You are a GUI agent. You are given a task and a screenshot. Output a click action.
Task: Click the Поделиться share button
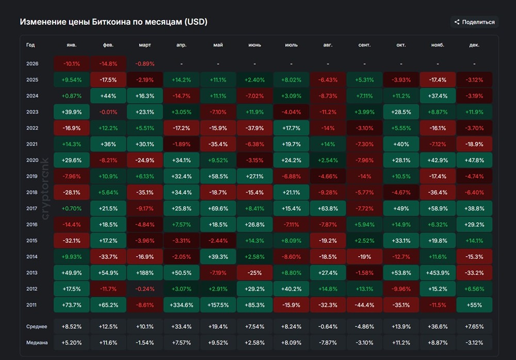click(x=474, y=22)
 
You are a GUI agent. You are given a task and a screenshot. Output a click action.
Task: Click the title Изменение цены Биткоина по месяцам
click(x=114, y=22)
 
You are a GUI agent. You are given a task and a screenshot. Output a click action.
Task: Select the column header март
click(x=145, y=45)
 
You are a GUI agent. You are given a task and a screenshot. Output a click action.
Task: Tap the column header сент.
click(x=364, y=45)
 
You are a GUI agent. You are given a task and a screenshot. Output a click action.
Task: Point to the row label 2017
click(x=32, y=208)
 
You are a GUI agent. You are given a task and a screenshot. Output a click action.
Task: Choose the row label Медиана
click(x=37, y=342)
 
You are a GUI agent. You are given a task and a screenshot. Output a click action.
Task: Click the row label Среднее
click(x=37, y=326)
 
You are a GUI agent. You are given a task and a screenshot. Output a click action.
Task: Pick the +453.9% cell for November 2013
click(x=438, y=273)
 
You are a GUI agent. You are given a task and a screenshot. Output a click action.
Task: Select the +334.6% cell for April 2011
click(x=181, y=305)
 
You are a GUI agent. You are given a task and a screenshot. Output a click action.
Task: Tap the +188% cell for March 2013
click(x=145, y=273)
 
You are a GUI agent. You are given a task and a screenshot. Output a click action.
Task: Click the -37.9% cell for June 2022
click(x=254, y=128)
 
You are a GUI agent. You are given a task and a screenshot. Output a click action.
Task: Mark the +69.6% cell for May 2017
click(x=218, y=208)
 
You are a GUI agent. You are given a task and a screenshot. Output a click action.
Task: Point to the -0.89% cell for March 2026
click(x=145, y=64)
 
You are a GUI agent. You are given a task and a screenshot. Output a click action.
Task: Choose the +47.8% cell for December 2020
click(x=474, y=160)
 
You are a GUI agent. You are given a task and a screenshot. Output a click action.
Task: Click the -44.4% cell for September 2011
click(x=364, y=305)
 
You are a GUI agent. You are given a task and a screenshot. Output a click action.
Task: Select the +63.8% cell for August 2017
click(x=328, y=208)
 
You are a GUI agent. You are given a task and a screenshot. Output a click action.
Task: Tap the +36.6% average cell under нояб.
click(x=438, y=326)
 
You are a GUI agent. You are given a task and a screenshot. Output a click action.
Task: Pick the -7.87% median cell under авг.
click(x=328, y=342)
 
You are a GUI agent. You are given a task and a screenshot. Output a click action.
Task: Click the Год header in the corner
click(x=30, y=45)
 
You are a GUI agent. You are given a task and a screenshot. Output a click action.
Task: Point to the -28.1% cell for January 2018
click(x=72, y=192)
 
